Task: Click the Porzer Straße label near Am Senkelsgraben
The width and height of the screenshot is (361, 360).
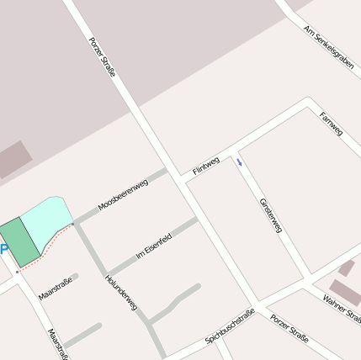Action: point(102,56)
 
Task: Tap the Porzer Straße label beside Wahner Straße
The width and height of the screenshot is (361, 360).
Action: point(289,329)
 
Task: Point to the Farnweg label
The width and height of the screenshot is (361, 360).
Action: point(331,124)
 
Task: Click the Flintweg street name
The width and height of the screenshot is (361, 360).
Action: point(205,165)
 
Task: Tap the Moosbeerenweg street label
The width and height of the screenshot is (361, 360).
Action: point(123,194)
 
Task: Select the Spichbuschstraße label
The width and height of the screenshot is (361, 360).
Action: point(230,327)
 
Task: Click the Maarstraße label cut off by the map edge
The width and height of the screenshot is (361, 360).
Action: point(57,343)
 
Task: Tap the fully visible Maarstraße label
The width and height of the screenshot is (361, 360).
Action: point(56,289)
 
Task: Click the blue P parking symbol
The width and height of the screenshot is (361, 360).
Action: point(3,250)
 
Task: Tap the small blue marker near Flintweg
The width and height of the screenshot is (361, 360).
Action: point(239,162)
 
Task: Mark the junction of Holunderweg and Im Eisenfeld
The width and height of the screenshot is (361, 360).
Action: point(107,276)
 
